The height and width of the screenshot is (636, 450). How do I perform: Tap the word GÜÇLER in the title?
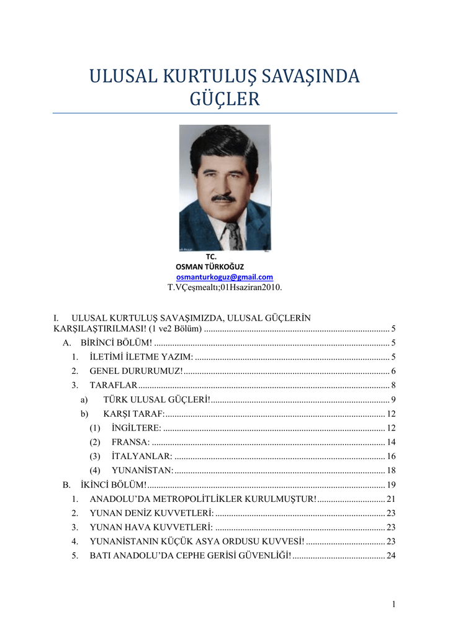pyautogui.click(x=225, y=99)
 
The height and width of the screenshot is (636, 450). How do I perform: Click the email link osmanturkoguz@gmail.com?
pyautogui.click(x=225, y=277)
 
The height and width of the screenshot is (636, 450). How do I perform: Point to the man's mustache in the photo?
pyautogui.click(x=223, y=198)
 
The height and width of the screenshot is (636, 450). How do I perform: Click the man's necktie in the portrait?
pyautogui.click(x=233, y=236)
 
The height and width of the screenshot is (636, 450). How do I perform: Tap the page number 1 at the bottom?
pyautogui.click(x=394, y=604)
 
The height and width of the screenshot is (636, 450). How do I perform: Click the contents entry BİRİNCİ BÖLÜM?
pyautogui.click(x=116, y=343)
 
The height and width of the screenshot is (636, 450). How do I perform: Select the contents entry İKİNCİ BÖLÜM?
pyautogui.click(x=114, y=484)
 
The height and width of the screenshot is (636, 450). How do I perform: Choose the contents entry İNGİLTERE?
pyautogui.click(x=137, y=428)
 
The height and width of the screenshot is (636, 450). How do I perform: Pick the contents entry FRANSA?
pyautogui.click(x=130, y=442)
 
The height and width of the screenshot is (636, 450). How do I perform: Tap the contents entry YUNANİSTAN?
pyautogui.click(x=142, y=471)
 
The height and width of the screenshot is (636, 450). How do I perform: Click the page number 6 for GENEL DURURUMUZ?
pyautogui.click(x=394, y=371)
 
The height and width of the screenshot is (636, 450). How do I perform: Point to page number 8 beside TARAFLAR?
pyautogui.click(x=394, y=385)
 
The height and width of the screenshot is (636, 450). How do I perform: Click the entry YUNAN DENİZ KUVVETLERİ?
pyautogui.click(x=152, y=513)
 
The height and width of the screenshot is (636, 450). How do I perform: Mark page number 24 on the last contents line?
pyautogui.click(x=391, y=556)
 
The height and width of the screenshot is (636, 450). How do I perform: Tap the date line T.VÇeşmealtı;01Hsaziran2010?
pyautogui.click(x=225, y=288)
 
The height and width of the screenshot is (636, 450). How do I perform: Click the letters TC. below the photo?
pyautogui.click(x=211, y=256)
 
